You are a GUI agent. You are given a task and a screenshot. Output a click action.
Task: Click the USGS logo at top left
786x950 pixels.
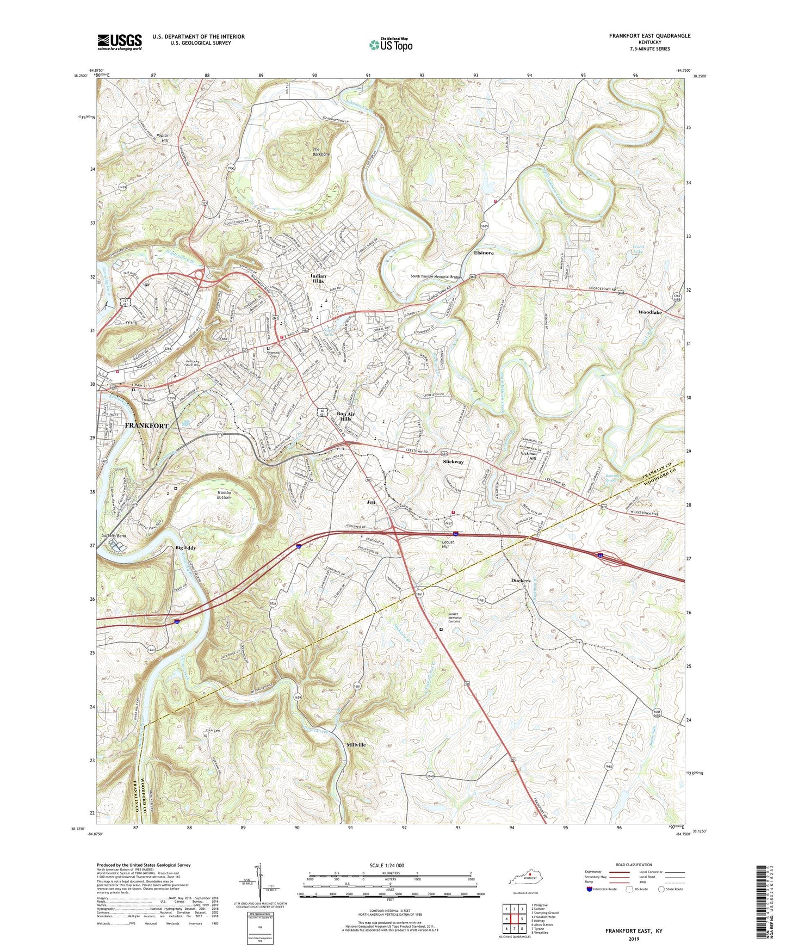click(x=120, y=42)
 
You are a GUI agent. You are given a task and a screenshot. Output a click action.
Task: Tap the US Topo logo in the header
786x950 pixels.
click(x=391, y=45)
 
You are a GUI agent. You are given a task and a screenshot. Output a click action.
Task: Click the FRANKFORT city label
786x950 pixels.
click(x=147, y=425)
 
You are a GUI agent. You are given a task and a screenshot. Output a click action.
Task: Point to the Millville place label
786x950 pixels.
click(x=356, y=745)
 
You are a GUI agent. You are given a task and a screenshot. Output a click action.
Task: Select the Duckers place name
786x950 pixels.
click(x=521, y=581)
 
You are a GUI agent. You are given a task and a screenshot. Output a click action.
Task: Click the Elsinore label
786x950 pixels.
click(x=484, y=253)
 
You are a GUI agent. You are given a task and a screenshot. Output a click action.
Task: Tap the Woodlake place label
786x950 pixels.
click(x=650, y=313)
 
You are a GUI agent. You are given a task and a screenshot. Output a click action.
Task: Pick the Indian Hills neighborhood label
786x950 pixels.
click(x=318, y=279)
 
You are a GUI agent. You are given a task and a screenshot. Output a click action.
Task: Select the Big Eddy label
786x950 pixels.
click(x=185, y=548)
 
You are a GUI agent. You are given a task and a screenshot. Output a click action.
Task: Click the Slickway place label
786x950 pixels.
click(x=453, y=461)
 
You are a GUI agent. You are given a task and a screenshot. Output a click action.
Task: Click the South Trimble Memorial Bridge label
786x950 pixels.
click(x=436, y=276)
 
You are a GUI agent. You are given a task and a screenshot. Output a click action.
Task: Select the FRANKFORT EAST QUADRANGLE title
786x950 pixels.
click(x=649, y=36)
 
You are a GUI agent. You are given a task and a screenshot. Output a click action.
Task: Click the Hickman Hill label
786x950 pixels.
click(x=529, y=456)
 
